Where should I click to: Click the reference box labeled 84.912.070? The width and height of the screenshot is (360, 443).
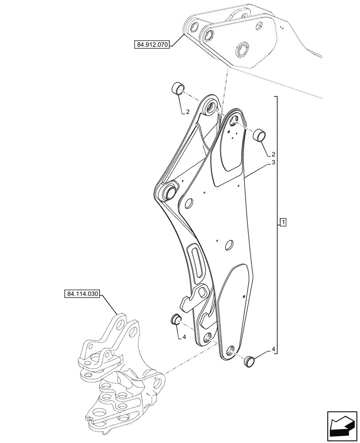pos(151,45)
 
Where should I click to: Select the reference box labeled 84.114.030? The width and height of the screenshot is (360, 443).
pos(83,294)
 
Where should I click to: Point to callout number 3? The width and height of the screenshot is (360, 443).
pos(274,163)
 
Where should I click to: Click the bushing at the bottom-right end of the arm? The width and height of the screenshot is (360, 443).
pos(249,361)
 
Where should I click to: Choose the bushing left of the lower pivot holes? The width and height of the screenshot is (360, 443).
pos(175,319)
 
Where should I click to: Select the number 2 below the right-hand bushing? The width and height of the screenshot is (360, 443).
pos(273,155)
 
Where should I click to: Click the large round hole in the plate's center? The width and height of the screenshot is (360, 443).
pos(229,245)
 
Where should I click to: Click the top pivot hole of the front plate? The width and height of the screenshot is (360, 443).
pos(234,120)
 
